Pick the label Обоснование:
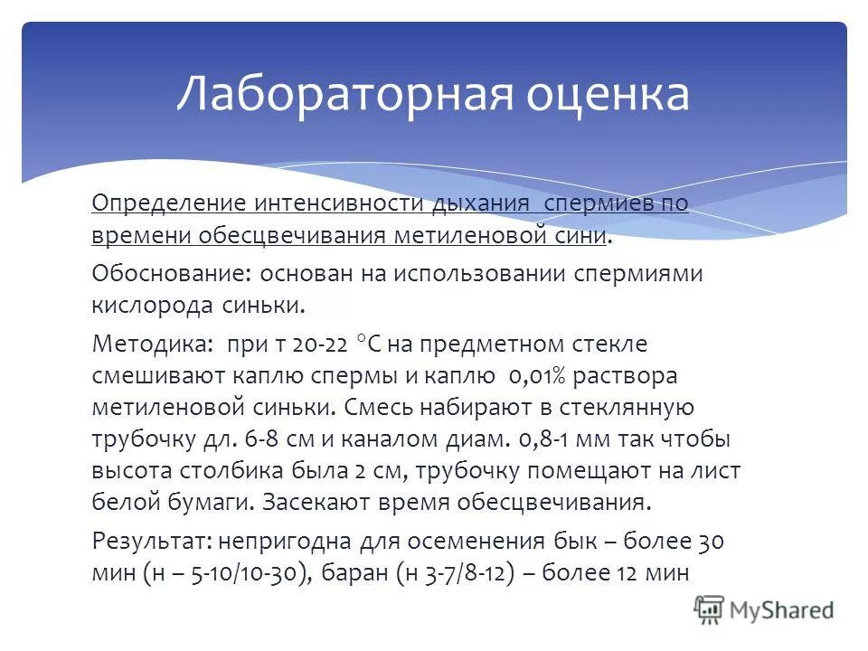pos(171,272)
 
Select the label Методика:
pos(149,343)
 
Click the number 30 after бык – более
pos(711,541)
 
